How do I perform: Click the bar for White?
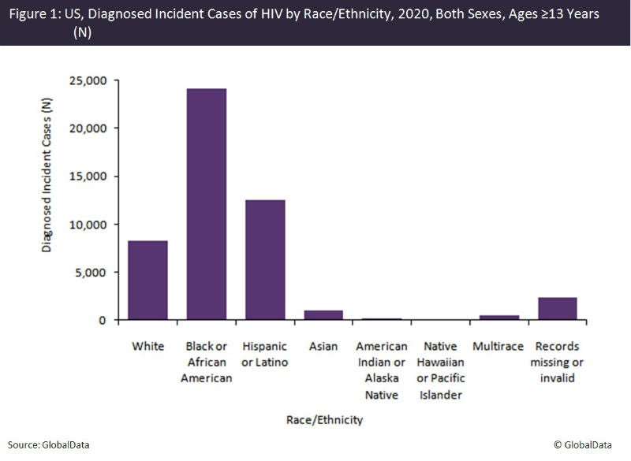[147, 281]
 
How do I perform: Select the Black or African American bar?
[206, 204]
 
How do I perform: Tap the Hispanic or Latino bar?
[264, 260]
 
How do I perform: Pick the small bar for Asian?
[323, 315]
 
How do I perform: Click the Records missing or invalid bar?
[557, 309]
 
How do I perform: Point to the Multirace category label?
[498, 347]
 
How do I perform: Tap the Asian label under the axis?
[323, 347]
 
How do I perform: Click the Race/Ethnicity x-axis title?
[324, 420]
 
